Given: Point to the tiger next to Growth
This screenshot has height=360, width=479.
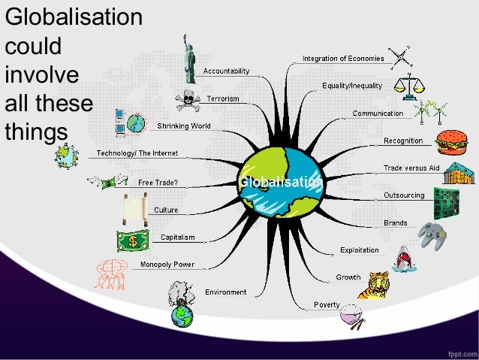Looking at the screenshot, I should [x=373, y=285].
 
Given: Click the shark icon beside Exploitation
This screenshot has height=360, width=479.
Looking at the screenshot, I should [x=404, y=258].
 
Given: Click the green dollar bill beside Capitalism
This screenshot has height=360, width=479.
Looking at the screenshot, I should [x=133, y=241].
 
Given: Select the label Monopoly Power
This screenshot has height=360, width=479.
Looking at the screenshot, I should [x=167, y=265].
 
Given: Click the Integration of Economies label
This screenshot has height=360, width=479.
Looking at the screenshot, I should [x=343, y=58].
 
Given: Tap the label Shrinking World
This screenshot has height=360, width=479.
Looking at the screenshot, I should [x=184, y=126].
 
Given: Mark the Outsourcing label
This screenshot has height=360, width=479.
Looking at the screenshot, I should [x=404, y=195].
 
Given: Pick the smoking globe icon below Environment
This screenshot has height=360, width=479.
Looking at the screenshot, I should [x=181, y=304].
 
